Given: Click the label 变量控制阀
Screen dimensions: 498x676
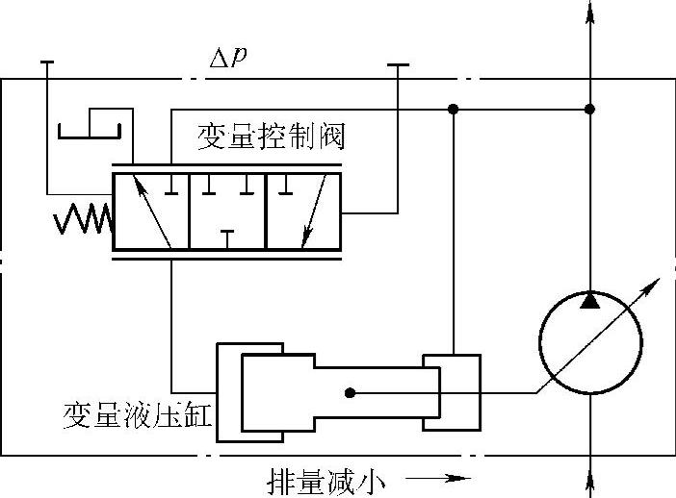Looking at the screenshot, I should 271,136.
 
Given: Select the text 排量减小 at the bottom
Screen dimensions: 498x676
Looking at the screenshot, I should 327,479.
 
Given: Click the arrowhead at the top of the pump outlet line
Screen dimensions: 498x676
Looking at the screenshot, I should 588,12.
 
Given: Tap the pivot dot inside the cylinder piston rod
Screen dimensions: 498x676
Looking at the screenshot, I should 350,392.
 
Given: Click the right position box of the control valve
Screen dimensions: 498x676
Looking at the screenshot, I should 302,212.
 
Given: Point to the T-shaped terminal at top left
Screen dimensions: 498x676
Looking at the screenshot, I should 47,62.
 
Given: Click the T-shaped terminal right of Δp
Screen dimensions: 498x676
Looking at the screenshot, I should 397,64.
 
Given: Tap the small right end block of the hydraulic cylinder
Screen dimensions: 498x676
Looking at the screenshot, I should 452,392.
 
